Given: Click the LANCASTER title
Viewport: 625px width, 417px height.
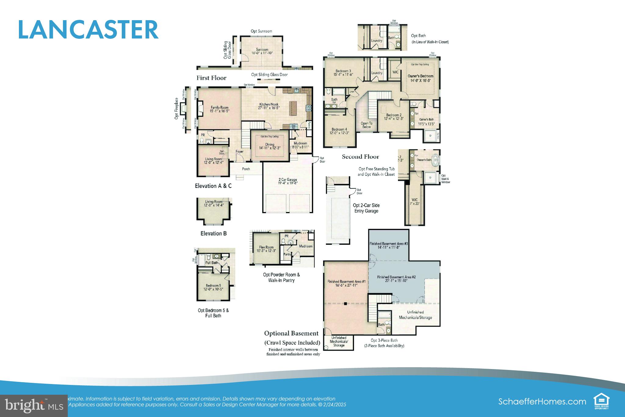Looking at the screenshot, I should (x=88, y=30).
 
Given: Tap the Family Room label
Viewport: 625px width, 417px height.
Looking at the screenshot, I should (x=219, y=108).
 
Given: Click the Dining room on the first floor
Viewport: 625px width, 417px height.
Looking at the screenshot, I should (x=269, y=144).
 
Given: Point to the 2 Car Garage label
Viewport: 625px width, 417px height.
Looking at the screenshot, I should (x=287, y=180).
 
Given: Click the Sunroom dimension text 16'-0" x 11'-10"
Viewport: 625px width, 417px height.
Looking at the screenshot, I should (x=262, y=53).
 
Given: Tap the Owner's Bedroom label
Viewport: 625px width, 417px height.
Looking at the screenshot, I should (x=420, y=76).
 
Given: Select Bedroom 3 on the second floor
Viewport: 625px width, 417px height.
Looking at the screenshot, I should (x=343, y=71).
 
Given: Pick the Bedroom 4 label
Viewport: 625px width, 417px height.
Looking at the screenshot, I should (x=339, y=130).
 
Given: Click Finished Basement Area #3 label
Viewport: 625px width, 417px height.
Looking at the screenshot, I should (x=389, y=244).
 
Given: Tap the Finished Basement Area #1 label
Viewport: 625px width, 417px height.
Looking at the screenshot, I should (x=346, y=282).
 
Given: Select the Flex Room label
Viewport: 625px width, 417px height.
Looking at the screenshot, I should (x=266, y=247).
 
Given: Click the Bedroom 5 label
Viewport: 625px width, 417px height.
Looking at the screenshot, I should (x=213, y=286).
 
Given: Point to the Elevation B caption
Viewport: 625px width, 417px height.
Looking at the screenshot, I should (x=213, y=233).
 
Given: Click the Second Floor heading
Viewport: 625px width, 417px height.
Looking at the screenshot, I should (x=360, y=157).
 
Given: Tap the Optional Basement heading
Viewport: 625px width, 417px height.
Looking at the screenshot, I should (x=291, y=333).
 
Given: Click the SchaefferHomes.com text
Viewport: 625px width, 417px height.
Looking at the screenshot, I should (x=542, y=401).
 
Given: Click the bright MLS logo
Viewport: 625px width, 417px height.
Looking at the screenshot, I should (x=34, y=406).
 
